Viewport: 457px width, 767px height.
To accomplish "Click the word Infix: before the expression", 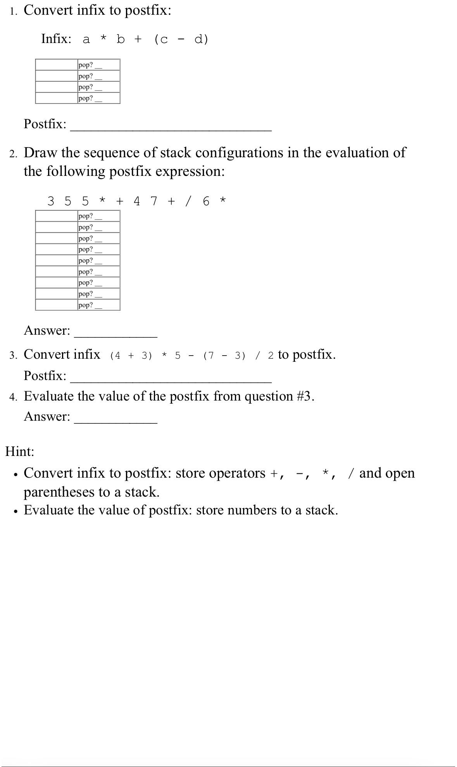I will click(56, 39).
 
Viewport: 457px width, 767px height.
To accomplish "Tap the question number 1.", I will click(13, 12).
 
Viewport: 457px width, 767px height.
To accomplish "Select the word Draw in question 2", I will click(40, 153).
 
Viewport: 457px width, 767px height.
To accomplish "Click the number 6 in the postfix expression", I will click(206, 201).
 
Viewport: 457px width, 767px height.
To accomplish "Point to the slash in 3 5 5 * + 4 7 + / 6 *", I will click(188, 201).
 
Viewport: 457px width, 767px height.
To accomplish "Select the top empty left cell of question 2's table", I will click(56, 216).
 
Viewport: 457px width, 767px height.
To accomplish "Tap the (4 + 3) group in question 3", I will click(131, 356).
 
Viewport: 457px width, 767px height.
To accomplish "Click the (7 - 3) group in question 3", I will click(224, 356).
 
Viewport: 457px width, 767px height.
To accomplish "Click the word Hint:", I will click(20, 451).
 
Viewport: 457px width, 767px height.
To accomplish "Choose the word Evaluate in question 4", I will click(49, 396).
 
